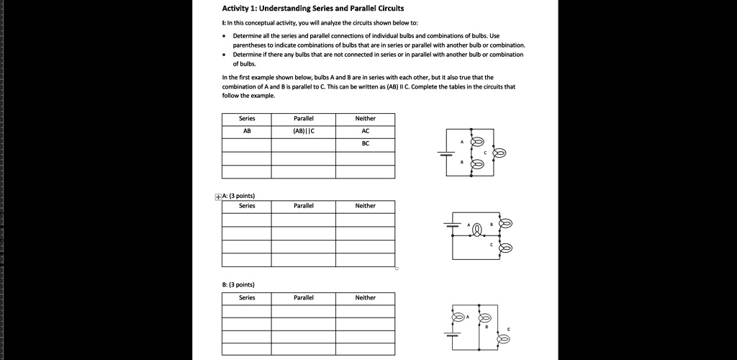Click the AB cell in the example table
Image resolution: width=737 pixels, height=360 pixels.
click(247, 132)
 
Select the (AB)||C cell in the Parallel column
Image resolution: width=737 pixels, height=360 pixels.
click(304, 132)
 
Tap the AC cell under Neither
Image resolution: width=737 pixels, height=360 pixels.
click(365, 132)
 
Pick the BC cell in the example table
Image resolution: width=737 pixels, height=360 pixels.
click(365, 144)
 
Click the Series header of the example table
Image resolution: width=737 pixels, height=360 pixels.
click(247, 119)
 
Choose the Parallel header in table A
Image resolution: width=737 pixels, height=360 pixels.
click(304, 206)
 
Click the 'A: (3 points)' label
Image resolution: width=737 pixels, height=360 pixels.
click(238, 196)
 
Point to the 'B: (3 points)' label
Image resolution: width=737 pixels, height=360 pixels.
click(238, 284)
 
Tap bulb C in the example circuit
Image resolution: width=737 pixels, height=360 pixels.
click(498, 153)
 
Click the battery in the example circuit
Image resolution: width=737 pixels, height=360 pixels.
click(446, 153)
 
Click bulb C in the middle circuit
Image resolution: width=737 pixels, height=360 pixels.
click(506, 248)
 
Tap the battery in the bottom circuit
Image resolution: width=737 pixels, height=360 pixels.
click(453, 334)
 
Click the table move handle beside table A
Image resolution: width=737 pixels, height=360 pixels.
click(218, 196)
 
